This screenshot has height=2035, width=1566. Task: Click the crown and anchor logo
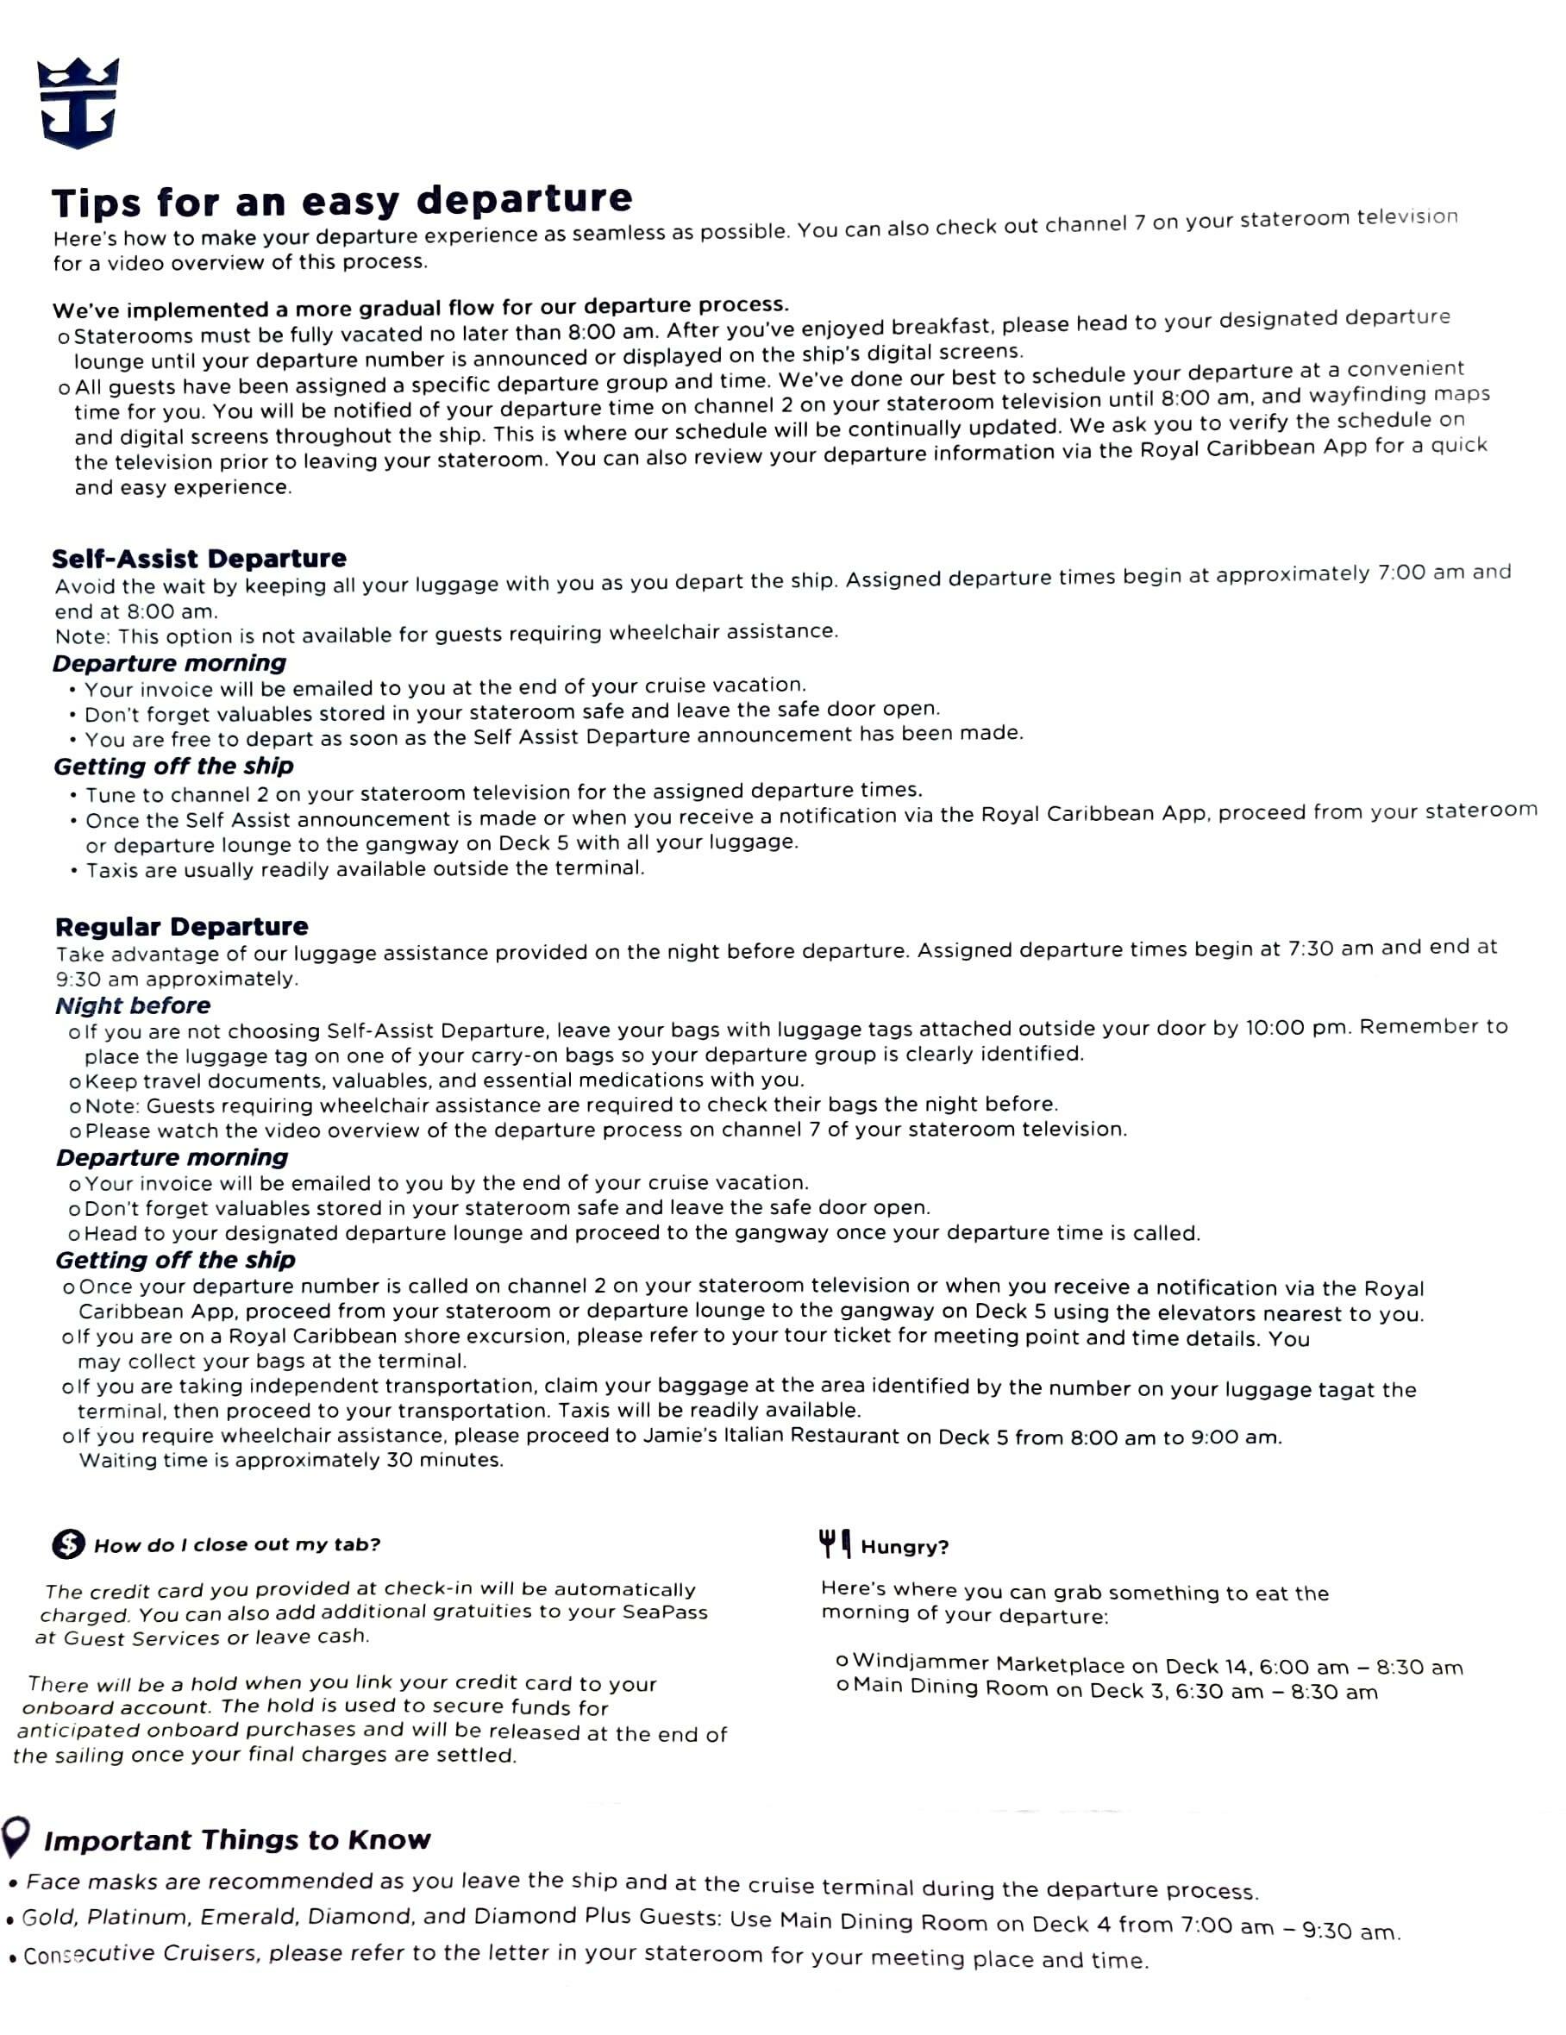tap(78, 103)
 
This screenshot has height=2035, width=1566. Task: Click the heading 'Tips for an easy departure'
tap(341, 200)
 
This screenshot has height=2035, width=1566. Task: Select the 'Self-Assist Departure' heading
tap(199, 559)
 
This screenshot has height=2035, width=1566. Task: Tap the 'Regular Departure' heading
tap(182, 927)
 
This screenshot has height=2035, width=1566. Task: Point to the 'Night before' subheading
tap(133, 1005)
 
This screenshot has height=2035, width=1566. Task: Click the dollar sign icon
tap(68, 1544)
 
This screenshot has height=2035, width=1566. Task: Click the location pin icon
tap(16, 1837)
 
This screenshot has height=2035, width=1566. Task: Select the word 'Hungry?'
tap(905, 1547)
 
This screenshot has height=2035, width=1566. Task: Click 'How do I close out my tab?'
tap(237, 1545)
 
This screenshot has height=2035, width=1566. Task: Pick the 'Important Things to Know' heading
tap(237, 1840)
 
